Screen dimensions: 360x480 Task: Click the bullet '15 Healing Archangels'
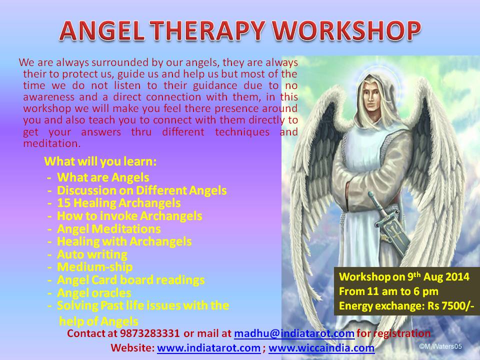point(119,203)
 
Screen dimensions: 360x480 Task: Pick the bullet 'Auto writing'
point(92,254)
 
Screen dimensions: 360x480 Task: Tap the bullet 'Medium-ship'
point(94,267)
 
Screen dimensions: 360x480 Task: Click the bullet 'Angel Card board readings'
point(130,279)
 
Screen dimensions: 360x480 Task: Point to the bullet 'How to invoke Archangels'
point(129,216)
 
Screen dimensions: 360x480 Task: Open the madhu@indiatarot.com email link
point(294,333)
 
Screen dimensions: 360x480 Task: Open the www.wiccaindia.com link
point(321,347)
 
